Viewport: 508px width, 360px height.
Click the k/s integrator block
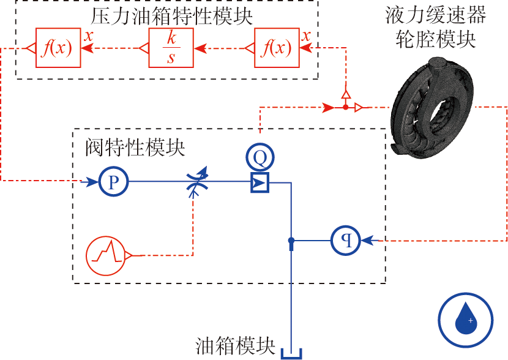tap(171, 48)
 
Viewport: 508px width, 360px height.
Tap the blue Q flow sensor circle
tap(260, 159)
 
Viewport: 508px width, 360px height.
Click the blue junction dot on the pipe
tap(292, 241)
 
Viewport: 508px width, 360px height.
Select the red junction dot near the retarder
tap(346, 108)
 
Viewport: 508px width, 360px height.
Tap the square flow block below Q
tap(260, 182)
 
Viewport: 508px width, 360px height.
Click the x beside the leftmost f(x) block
tap(89, 36)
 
